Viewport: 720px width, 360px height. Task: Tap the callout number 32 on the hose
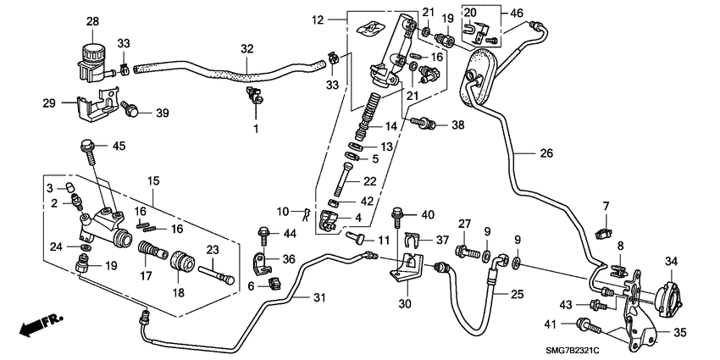246,50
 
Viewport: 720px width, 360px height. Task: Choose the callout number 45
119,146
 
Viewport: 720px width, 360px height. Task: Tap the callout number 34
671,261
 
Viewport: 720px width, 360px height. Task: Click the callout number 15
154,180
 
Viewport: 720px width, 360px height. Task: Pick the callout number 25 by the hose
518,294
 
